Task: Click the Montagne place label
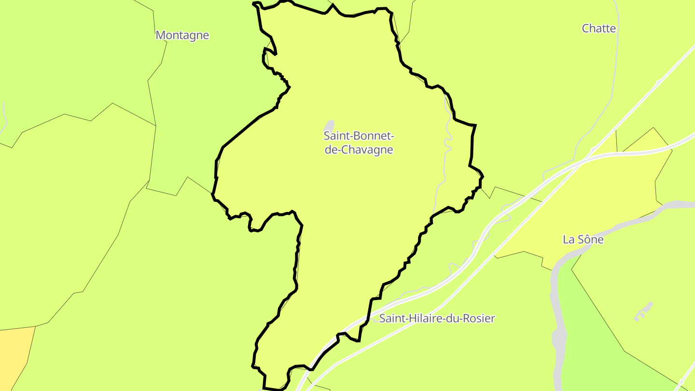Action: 182,35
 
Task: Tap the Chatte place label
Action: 598,28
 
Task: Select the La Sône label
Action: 583,239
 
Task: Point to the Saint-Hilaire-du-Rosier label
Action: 437,319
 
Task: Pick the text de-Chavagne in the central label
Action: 359,150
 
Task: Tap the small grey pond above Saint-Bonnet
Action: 330,125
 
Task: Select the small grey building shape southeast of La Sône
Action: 643,311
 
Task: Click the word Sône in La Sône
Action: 590,239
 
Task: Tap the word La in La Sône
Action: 568,239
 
